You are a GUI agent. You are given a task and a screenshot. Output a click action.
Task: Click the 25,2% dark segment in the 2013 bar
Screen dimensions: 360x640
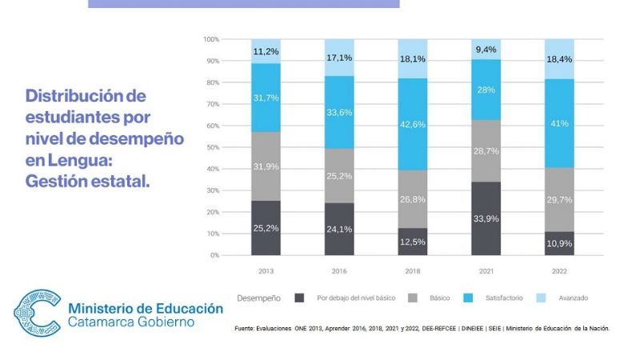pos(266,228)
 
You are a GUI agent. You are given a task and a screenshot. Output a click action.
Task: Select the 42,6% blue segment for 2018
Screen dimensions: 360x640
pos(413,124)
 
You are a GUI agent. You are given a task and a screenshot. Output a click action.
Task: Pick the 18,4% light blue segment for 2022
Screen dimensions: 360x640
pos(559,58)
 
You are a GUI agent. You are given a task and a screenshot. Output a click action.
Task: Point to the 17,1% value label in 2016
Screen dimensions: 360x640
pos(339,58)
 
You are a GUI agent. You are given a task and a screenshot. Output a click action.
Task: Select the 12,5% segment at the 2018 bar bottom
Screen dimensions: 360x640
pos(413,242)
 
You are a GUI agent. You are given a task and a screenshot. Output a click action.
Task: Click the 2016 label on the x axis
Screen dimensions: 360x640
pos(339,271)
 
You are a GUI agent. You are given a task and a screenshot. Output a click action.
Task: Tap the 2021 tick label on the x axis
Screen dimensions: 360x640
pos(486,271)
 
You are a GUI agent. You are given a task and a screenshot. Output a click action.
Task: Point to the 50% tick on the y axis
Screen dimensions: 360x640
pos(212,147)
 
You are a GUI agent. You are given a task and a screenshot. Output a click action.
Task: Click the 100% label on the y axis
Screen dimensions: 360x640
pos(210,39)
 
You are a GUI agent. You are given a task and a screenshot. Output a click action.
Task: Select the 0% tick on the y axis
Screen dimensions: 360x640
pos(214,255)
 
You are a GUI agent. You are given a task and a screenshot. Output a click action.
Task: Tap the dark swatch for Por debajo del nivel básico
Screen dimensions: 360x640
pos(300,298)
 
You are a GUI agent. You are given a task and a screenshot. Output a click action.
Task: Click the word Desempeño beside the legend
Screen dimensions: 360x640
pos(258,298)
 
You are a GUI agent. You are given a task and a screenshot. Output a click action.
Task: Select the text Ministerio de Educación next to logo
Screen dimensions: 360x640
pos(146,308)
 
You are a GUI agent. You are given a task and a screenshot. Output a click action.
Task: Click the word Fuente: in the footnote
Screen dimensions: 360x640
pos(246,328)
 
